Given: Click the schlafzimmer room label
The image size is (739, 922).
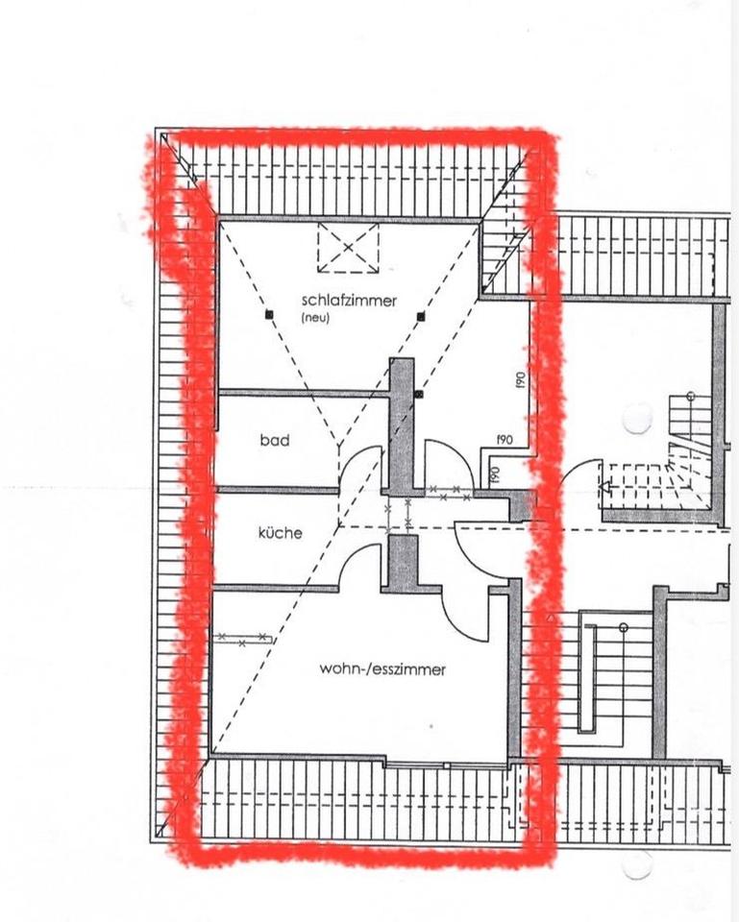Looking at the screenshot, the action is pyautogui.click(x=349, y=301).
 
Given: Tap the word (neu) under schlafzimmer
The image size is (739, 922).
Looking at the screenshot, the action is pyautogui.click(x=315, y=318).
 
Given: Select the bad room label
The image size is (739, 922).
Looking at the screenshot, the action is pyautogui.click(x=275, y=440).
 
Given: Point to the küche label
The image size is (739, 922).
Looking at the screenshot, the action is pyautogui.click(x=281, y=533).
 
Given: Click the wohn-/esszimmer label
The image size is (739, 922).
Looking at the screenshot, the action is pyautogui.click(x=382, y=669).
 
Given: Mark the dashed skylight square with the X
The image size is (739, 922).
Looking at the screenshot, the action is pyautogui.click(x=348, y=248).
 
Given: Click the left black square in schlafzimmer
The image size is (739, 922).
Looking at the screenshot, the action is pyautogui.click(x=269, y=315).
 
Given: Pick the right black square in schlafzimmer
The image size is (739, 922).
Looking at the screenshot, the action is pyautogui.click(x=421, y=317).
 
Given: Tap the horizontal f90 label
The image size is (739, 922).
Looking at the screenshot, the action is pyautogui.click(x=505, y=439).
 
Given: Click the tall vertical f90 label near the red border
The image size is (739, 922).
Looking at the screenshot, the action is pyautogui.click(x=520, y=379).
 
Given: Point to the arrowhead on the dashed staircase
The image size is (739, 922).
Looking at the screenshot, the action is pyautogui.click(x=604, y=487).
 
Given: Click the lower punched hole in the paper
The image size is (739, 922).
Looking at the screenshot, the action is pyautogui.click(x=638, y=864).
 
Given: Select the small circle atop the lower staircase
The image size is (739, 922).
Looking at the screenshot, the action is pyautogui.click(x=624, y=628).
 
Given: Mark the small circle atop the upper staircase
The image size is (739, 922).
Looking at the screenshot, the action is pyautogui.click(x=691, y=396).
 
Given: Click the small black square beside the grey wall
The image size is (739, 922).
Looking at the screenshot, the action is pyautogui.click(x=419, y=395).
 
